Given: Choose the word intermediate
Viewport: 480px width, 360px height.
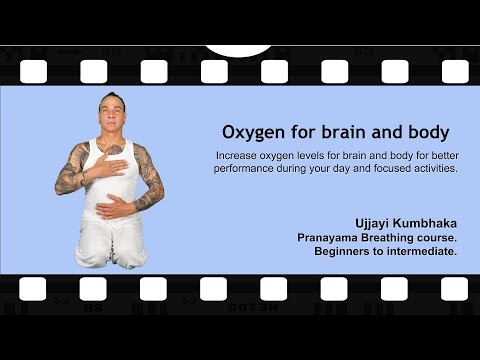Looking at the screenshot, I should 423,253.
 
